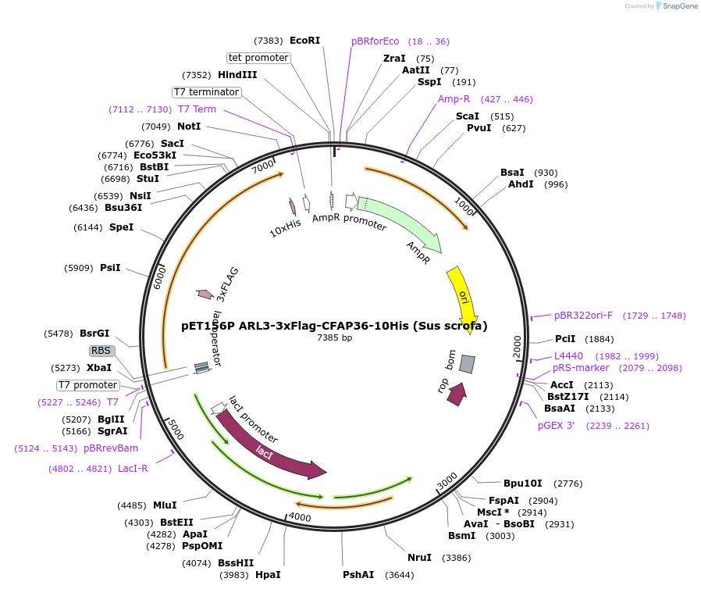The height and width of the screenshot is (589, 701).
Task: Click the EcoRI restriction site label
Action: point(304,41)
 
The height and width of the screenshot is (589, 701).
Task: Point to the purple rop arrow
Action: point(457,394)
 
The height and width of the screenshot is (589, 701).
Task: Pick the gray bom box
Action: point(467,364)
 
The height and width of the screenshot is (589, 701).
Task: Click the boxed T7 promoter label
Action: point(88,385)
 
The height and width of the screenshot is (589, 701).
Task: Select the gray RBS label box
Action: point(101,351)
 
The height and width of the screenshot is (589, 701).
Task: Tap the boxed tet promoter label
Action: point(258,58)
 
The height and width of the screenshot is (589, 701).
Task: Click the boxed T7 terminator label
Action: point(207,92)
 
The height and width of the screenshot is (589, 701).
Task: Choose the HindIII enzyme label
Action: point(237,75)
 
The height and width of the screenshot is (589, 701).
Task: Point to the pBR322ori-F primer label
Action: point(584,316)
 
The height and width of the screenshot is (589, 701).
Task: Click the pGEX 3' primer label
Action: point(557,426)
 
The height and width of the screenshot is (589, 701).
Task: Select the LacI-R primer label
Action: point(133,469)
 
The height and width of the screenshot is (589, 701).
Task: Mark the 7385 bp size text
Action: point(334,338)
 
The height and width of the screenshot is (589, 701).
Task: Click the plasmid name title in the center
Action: point(334,326)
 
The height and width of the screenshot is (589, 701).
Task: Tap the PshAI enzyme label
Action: point(361,575)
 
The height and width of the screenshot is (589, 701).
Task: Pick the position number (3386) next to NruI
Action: point(457,558)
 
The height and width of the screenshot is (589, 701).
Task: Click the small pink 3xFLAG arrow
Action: point(205,294)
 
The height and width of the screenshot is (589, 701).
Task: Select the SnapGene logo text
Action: point(678,6)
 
